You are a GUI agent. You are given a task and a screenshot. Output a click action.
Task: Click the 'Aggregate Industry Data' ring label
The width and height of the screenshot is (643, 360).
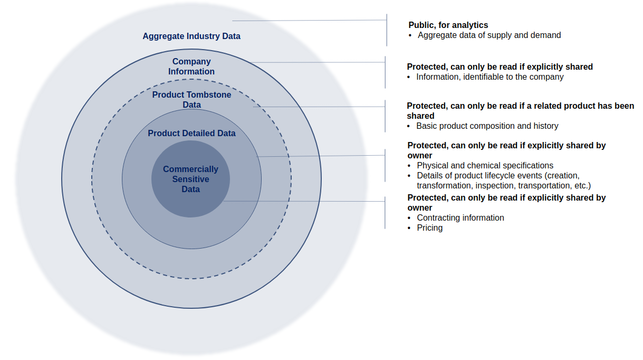click(191, 36)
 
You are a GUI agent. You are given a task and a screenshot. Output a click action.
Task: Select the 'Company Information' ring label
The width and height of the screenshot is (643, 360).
click(191, 67)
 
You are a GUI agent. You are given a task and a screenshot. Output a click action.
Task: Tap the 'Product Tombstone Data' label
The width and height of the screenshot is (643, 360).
click(191, 100)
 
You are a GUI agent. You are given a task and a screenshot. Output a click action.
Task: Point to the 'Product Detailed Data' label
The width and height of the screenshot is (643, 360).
click(191, 134)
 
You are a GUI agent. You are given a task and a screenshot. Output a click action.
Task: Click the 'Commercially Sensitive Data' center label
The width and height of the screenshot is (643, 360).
click(190, 179)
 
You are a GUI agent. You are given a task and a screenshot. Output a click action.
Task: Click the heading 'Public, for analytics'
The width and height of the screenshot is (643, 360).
click(448, 25)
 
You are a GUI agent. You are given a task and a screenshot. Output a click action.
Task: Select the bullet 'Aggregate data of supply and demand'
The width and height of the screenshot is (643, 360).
click(489, 35)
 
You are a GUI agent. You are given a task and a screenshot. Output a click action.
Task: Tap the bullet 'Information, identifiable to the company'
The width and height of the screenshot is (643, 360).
click(490, 77)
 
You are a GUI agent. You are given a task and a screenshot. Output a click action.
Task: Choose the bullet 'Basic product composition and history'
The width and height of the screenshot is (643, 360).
click(487, 126)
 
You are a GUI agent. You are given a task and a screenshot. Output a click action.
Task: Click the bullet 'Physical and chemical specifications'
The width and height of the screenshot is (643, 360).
click(485, 166)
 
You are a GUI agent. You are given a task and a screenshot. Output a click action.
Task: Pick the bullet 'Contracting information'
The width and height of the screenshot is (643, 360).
click(460, 218)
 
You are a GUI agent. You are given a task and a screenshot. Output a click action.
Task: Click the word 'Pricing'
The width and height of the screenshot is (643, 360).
click(430, 228)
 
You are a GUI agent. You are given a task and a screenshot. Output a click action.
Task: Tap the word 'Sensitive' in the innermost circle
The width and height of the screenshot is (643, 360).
click(190, 179)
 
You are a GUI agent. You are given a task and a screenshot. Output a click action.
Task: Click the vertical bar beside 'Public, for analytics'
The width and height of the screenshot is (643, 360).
click(387, 30)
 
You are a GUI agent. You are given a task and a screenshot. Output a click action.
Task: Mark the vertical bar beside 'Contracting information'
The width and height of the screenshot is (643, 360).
click(385, 213)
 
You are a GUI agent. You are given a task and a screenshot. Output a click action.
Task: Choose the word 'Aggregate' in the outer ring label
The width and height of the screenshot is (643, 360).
click(164, 36)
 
